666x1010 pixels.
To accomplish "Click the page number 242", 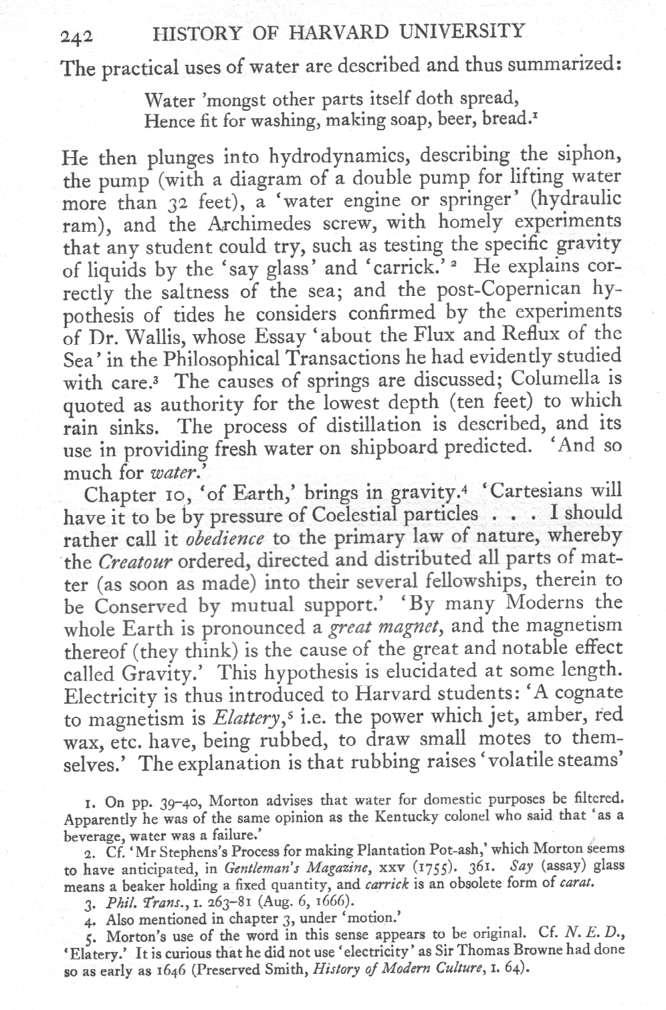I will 79,38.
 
